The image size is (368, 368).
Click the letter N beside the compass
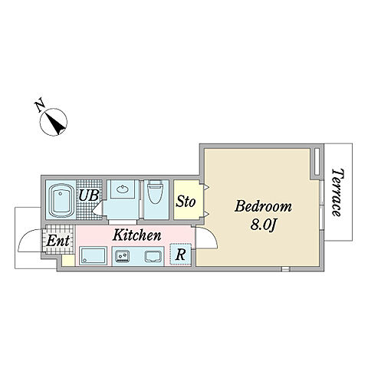40,106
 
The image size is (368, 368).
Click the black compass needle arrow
56,123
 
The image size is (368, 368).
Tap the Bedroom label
263,206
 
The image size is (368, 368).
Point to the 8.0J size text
264,225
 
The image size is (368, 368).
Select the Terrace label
337,192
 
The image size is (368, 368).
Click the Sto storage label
186,202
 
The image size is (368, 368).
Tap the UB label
88,195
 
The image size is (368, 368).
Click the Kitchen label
137,235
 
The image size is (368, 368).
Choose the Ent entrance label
58,240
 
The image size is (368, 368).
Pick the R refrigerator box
181,255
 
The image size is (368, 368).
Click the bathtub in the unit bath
61,200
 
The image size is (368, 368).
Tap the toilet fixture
156,192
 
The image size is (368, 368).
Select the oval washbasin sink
123,189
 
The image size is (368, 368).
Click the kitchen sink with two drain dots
123,256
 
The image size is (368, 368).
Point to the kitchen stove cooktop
153,257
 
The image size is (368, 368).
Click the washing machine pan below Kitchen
93,255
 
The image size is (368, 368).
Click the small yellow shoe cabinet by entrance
68,261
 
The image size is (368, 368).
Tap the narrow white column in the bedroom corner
317,162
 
